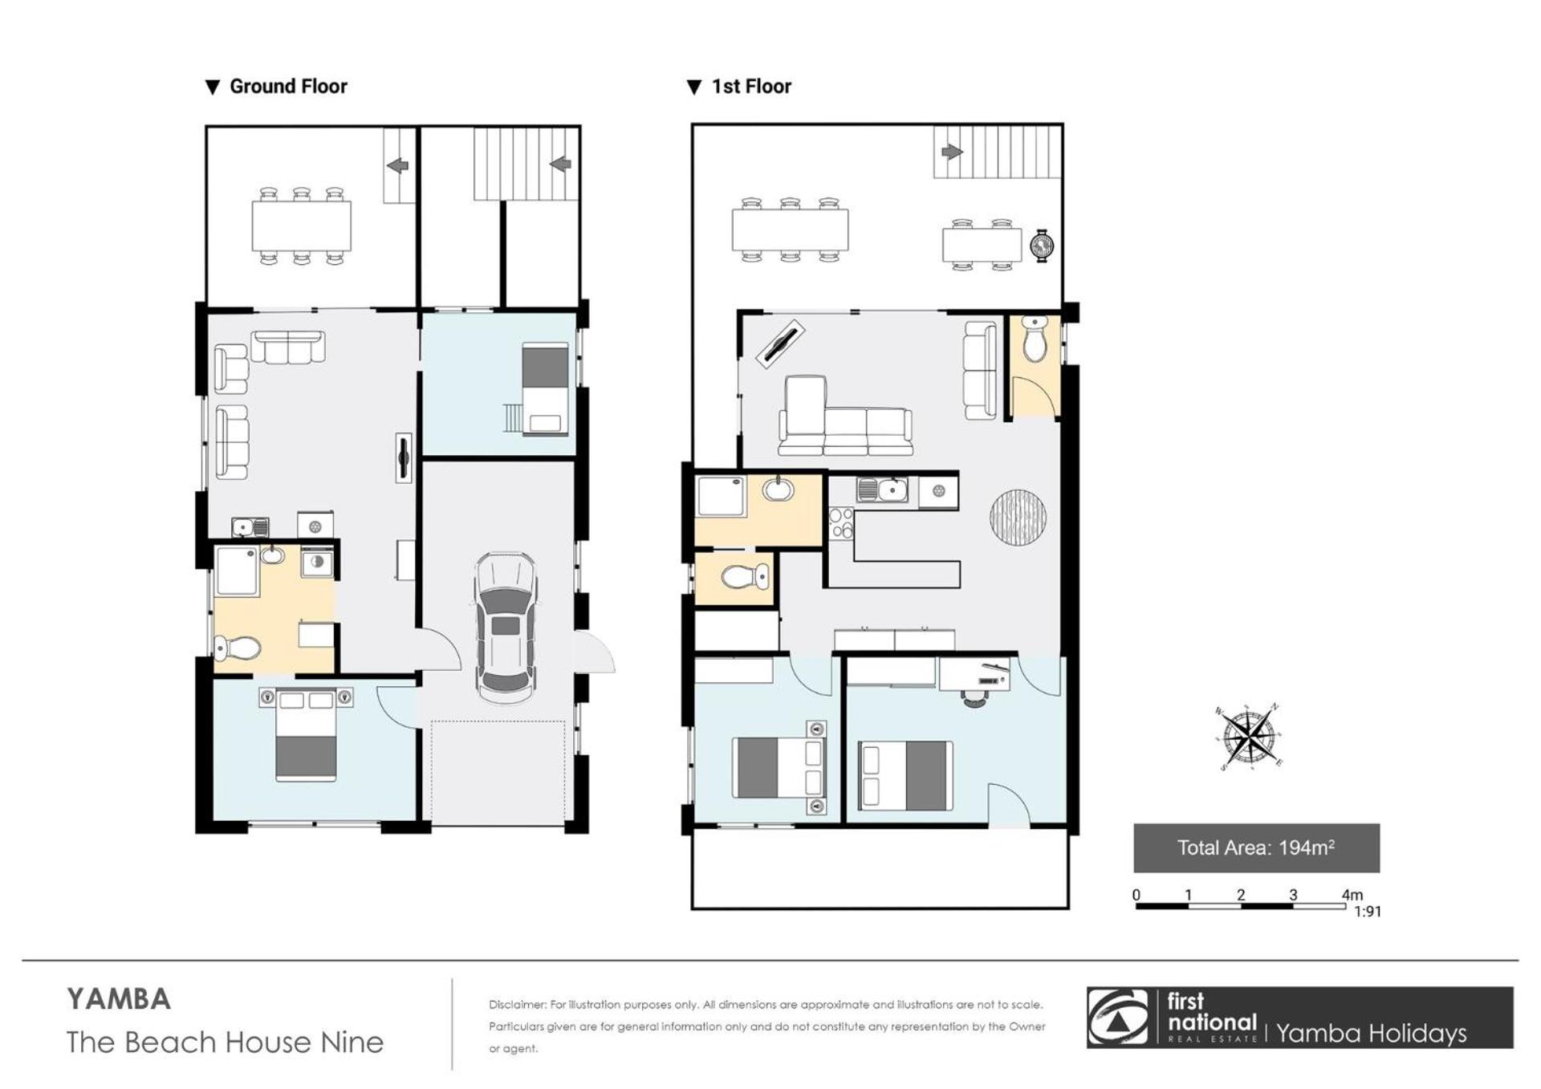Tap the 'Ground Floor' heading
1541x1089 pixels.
(288, 87)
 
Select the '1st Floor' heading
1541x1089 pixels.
(751, 87)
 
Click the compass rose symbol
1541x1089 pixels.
(1248, 737)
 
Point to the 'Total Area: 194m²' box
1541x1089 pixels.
(1256, 847)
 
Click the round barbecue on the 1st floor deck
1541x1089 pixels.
(1043, 245)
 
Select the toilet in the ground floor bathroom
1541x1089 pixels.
(238, 647)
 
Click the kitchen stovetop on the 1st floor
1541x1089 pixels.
(840, 523)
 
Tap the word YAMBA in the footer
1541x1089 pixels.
(119, 1000)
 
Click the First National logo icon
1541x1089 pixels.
(1118, 1018)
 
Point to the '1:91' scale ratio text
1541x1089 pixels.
(1367, 912)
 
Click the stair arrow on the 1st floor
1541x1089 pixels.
(952, 152)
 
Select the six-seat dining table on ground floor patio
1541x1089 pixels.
(302, 226)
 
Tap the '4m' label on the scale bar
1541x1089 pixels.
(1352, 894)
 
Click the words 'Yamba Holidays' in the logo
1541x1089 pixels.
(1371, 1034)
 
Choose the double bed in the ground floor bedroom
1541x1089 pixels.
(306, 733)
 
